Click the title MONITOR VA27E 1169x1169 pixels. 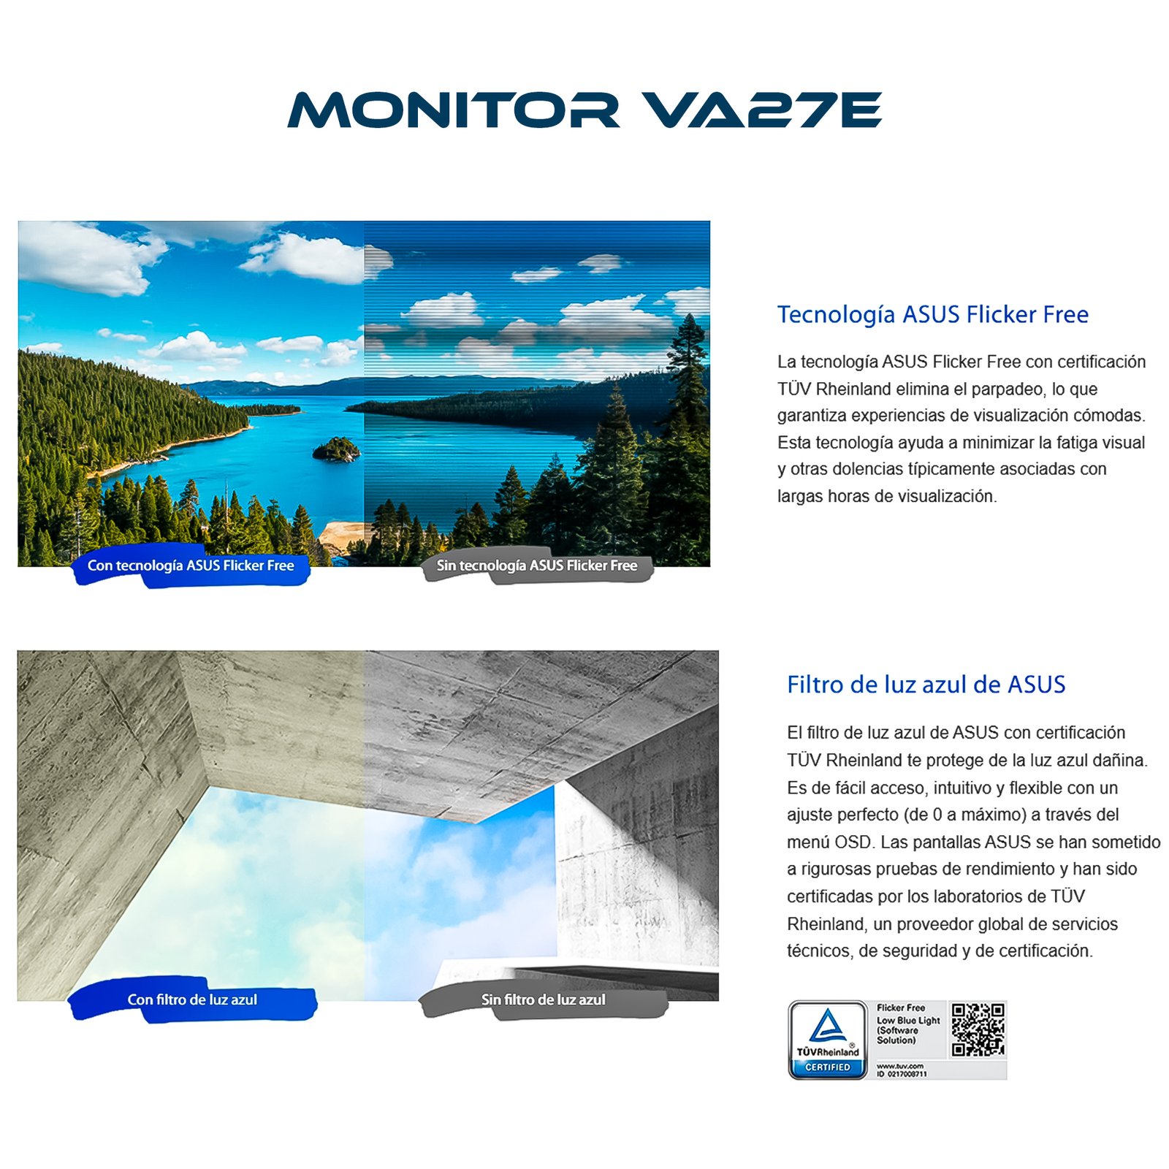click(x=584, y=110)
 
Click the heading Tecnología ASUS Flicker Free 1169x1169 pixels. click(x=932, y=314)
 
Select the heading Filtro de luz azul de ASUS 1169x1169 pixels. click(x=926, y=685)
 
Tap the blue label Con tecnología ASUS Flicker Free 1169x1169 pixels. click(x=191, y=566)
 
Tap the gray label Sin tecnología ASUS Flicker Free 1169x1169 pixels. click(x=537, y=566)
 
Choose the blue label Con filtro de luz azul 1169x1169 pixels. click(x=192, y=999)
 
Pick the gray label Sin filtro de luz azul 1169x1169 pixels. click(x=543, y=999)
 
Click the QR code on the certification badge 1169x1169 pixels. click(x=978, y=1029)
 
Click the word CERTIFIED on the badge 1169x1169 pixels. click(x=827, y=1067)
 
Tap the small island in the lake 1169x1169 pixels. click(x=336, y=449)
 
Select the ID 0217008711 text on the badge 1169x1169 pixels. click(x=902, y=1074)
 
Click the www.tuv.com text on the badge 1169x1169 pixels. click(x=900, y=1066)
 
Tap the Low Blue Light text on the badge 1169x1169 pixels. click(x=908, y=1020)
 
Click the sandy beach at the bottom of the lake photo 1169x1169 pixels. click(x=340, y=535)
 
